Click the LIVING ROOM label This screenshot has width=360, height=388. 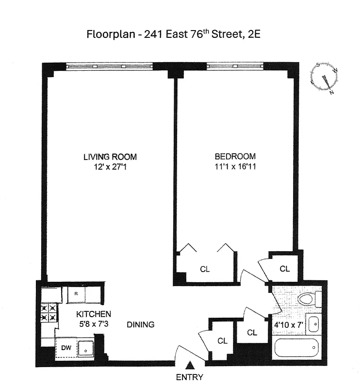pos(110,157)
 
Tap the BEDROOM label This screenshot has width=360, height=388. pos(235,156)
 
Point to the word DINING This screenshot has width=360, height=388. pos(141,324)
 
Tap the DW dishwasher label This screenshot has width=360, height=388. pos(65,347)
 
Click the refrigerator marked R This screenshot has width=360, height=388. pos(77,293)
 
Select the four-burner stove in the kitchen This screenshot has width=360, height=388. pos(49,313)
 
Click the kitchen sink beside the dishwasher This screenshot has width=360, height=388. pos(85,348)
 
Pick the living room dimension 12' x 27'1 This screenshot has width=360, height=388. pos(110,166)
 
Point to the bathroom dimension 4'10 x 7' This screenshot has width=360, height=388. pos(289,323)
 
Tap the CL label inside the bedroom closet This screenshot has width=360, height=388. pos(205,269)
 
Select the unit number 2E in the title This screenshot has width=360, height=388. pos(255,34)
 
